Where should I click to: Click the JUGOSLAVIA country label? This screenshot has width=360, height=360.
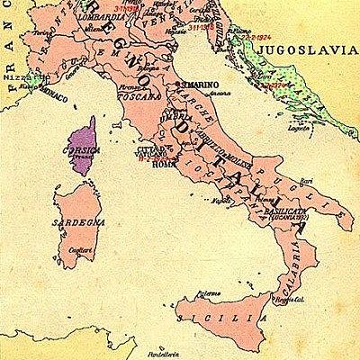pyautogui.click(x=303, y=52)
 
